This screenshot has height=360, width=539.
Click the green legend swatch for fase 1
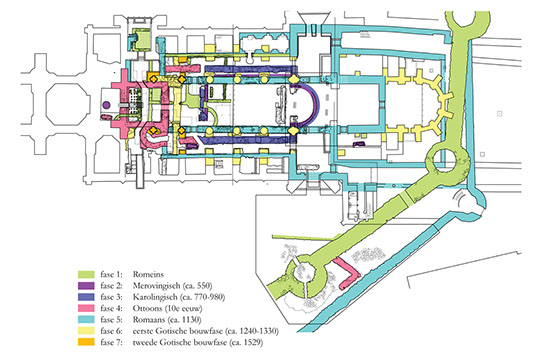click(86, 274)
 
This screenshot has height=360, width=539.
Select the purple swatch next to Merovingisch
click(86, 286)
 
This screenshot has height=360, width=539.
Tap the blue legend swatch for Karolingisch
click(86, 297)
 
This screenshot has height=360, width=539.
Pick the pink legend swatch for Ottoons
click(86, 308)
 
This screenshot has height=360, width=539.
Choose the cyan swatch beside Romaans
click(86, 320)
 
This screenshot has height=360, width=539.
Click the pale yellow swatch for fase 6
click(86, 331)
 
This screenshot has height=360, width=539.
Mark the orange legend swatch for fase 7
click(86, 342)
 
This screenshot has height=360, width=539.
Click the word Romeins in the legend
click(148, 274)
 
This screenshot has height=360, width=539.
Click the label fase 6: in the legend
click(111, 331)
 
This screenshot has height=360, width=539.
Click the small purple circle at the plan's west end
click(106, 105)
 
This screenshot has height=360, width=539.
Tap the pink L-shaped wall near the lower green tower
click(350, 274)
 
